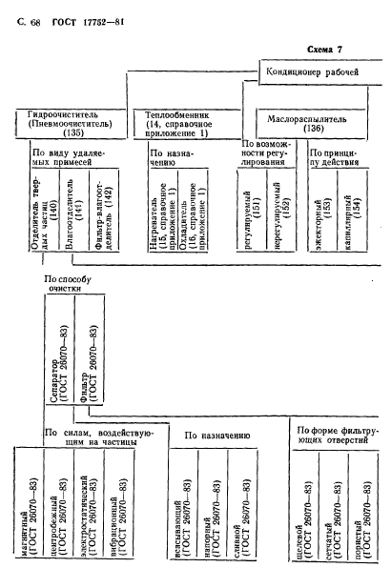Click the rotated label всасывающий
click(x=183, y=504)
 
